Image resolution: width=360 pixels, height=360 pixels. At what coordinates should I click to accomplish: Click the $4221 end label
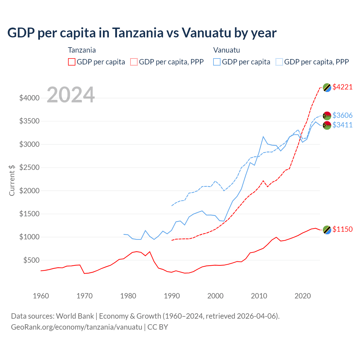[x=342, y=87]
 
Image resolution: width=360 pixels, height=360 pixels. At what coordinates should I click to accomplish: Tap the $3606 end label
[x=342, y=115]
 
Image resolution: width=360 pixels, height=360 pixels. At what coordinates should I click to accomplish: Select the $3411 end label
[x=342, y=125]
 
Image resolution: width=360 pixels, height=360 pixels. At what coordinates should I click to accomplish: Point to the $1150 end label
[x=342, y=229]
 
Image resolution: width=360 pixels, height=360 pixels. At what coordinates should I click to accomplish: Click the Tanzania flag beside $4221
[x=327, y=87]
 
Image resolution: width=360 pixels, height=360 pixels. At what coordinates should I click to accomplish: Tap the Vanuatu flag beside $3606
[x=327, y=116]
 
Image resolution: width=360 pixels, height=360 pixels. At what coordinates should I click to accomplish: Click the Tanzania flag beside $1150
[x=327, y=230]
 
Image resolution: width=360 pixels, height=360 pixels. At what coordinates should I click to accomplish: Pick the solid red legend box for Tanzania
[x=72, y=62]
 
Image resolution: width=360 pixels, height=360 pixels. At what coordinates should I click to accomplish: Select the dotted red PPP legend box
[x=134, y=62]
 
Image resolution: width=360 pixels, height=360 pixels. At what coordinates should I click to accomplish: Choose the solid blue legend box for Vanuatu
[x=217, y=62]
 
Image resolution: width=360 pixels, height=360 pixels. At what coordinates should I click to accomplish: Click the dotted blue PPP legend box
[x=279, y=62]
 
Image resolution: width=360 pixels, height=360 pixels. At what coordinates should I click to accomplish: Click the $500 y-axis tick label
[x=31, y=260]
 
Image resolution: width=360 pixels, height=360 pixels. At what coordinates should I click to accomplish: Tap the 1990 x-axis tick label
[x=172, y=296]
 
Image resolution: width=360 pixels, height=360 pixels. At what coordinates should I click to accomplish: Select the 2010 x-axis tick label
[x=259, y=296]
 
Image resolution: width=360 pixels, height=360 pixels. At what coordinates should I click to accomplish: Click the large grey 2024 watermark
[x=71, y=95]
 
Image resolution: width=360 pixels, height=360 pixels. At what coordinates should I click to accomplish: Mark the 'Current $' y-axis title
[x=12, y=180]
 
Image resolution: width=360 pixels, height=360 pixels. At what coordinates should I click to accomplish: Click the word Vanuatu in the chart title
[x=206, y=33]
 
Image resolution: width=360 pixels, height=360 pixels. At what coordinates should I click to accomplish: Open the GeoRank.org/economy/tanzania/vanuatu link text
[x=76, y=327]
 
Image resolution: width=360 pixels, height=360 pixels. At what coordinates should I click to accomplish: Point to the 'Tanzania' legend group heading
[x=82, y=50]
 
